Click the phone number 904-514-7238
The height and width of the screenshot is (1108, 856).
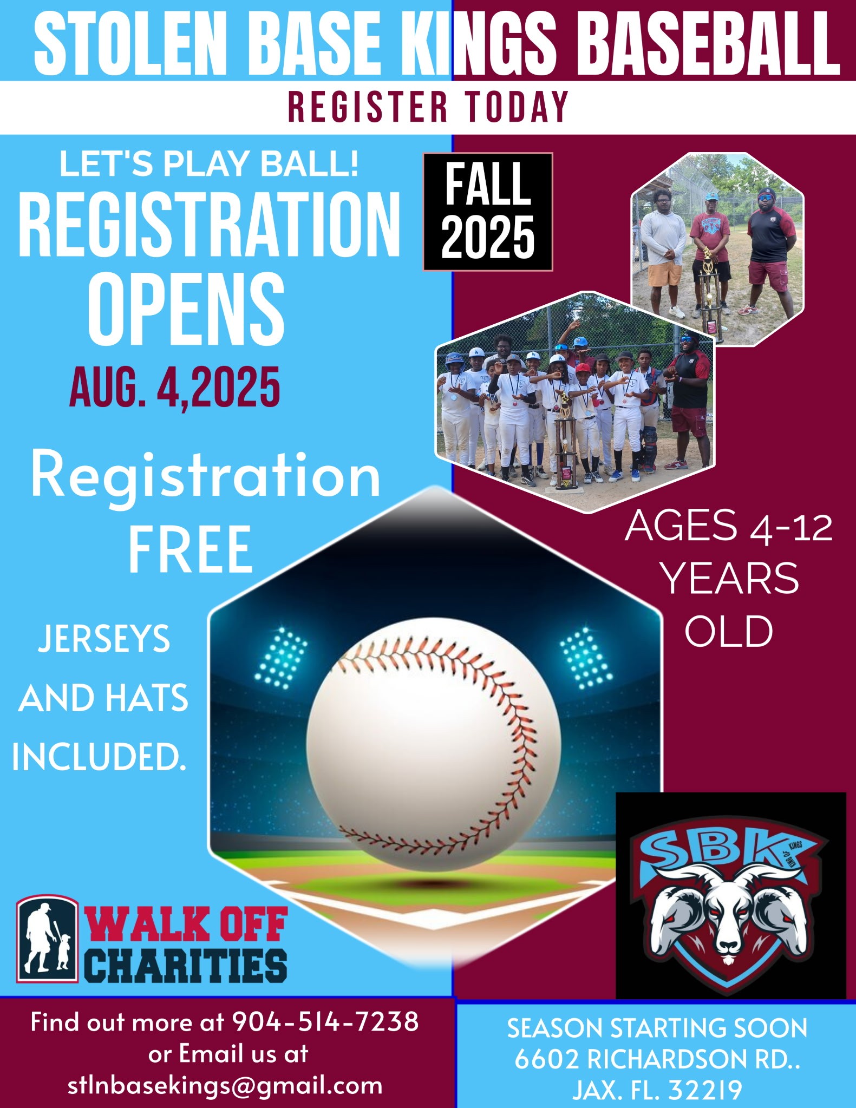point(325,1022)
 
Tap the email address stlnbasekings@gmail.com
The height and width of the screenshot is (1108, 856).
point(225,1086)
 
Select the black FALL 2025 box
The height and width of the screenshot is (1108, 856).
point(488,212)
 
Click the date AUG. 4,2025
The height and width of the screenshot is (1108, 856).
point(175,386)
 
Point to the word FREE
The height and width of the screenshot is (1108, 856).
point(191,549)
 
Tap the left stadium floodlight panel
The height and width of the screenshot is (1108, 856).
point(281,657)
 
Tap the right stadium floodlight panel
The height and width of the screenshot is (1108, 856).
point(586,657)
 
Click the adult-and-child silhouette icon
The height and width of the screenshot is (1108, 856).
point(48,939)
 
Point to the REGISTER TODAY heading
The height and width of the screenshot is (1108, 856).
point(428,106)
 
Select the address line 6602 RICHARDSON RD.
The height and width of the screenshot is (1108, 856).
point(657,1059)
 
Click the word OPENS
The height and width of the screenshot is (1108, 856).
point(186,309)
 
